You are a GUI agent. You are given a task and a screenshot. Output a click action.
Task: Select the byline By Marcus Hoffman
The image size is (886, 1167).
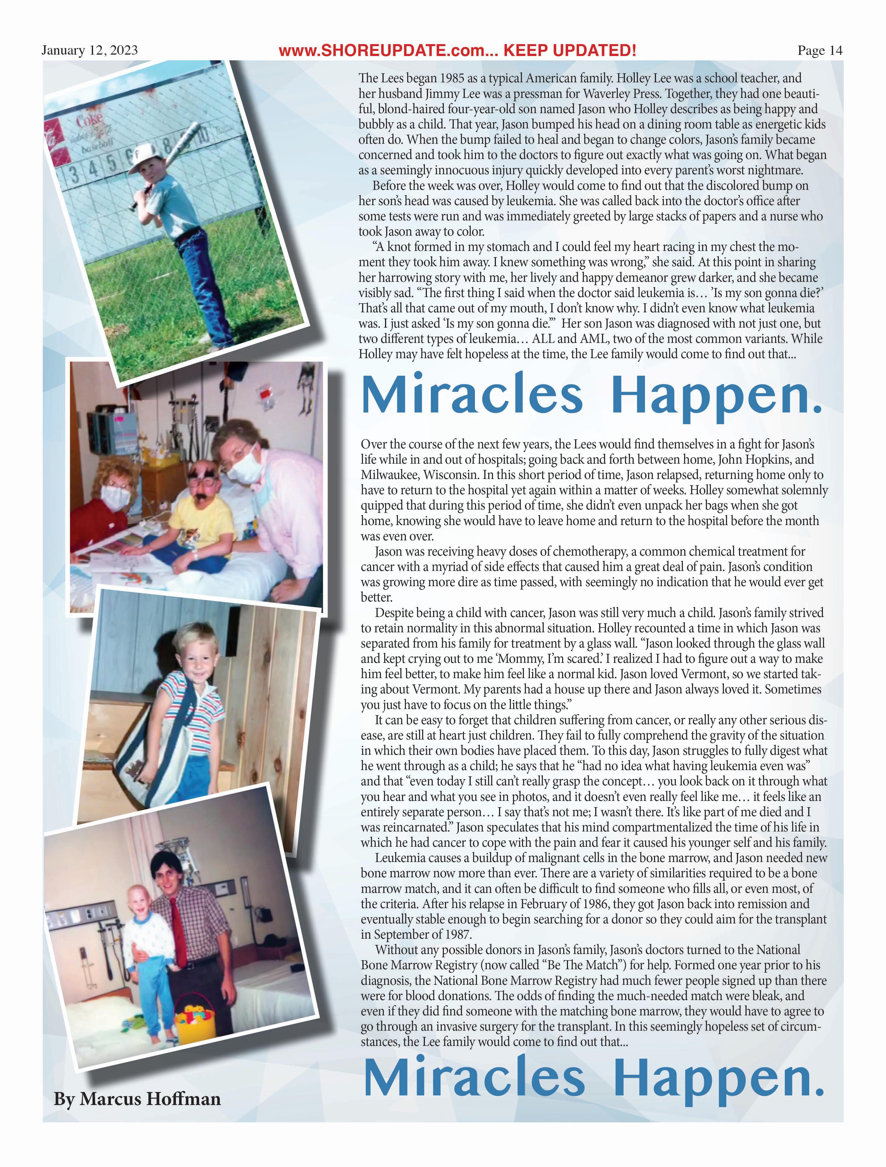pyautogui.click(x=137, y=1099)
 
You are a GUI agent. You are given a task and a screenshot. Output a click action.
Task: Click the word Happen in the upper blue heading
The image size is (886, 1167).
pyautogui.click(x=716, y=396)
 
